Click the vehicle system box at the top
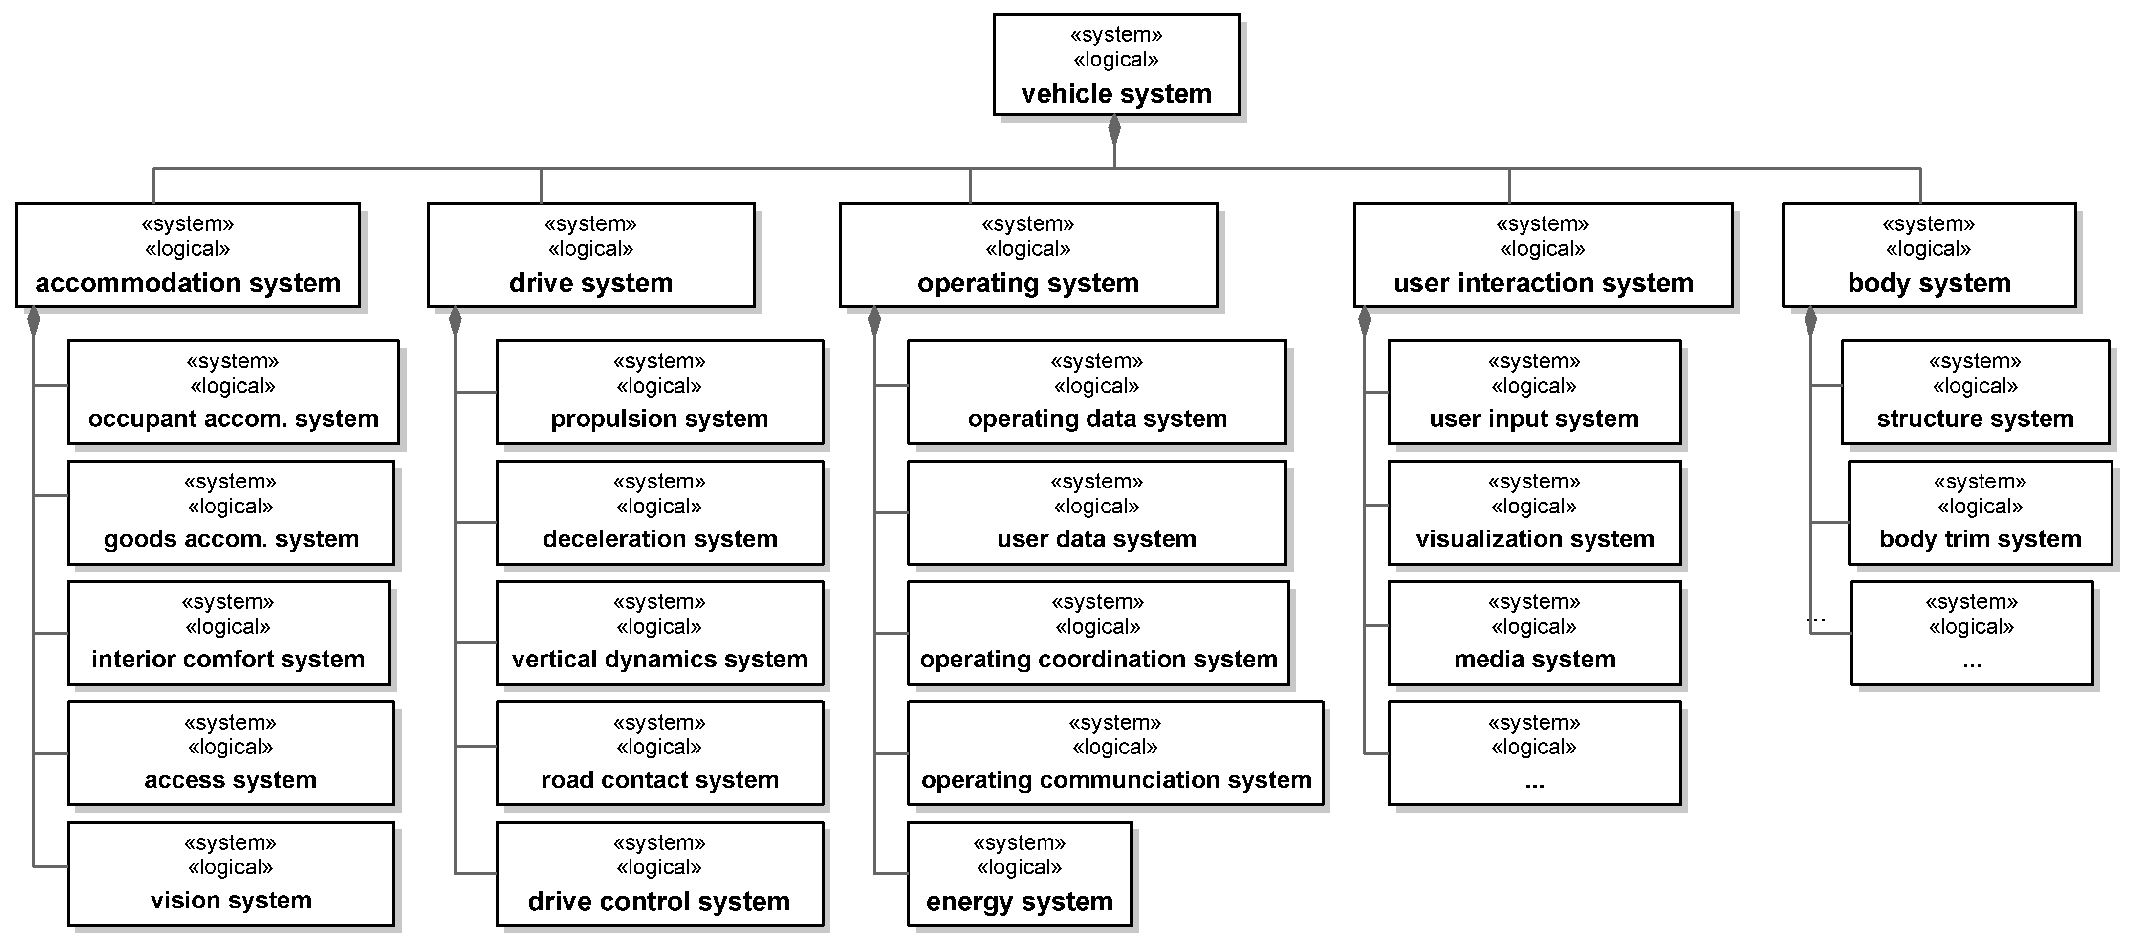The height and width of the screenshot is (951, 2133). click(x=1116, y=65)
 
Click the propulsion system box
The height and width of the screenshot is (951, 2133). click(x=659, y=392)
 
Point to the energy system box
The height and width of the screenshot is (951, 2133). click(x=1019, y=874)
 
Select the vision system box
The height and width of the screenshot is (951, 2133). click(x=231, y=874)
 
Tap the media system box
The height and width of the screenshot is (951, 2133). click(x=1534, y=633)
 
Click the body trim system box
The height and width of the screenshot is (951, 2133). click(x=1980, y=513)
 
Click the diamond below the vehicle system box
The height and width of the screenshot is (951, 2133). click(x=1114, y=131)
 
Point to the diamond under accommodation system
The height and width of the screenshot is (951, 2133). click(x=33, y=322)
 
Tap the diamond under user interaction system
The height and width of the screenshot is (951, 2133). click(x=1365, y=322)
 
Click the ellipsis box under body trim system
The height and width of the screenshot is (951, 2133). click(x=1972, y=633)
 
